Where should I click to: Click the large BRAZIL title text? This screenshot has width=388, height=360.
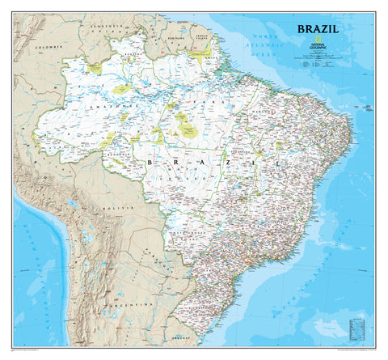(x=318, y=29)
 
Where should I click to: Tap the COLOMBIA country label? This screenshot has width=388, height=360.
(x=51, y=48)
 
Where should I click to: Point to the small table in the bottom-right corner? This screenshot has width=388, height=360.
(x=356, y=328)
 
